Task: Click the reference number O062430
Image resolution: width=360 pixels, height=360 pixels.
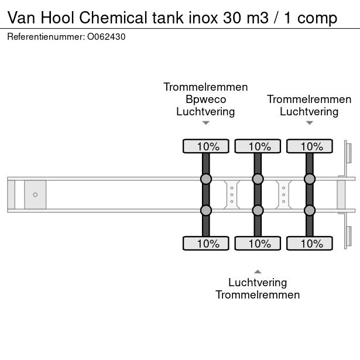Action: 107,36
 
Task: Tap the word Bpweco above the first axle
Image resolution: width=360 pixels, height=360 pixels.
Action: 205,99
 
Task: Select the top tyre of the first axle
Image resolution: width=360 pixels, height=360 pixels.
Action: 205,146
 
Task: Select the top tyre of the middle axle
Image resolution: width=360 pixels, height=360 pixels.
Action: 257,146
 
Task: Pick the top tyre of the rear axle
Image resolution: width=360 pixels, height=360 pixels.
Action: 309,146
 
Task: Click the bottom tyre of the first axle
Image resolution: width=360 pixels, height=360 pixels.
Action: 205,244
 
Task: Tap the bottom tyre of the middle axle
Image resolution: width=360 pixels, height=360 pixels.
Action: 257,244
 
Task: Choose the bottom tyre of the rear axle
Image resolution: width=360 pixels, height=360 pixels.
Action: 309,244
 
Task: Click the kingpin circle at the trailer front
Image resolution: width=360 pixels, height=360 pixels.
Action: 35,194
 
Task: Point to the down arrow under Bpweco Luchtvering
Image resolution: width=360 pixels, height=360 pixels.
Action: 205,123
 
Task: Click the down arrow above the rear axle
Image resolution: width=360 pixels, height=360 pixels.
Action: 309,123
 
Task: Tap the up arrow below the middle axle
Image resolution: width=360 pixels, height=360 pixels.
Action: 257,270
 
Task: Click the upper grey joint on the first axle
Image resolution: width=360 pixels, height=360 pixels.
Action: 205,179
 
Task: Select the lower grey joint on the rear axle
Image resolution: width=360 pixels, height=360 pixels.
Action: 309,210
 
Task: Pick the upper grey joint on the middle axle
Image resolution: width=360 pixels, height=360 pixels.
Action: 257,179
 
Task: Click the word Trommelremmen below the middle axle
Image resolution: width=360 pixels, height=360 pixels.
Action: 258,294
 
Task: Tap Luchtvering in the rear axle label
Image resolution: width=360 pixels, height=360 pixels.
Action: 309,111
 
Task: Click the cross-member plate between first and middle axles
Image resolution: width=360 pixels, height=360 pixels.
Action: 232,194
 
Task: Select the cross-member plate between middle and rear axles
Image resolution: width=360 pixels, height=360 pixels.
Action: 283,194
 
